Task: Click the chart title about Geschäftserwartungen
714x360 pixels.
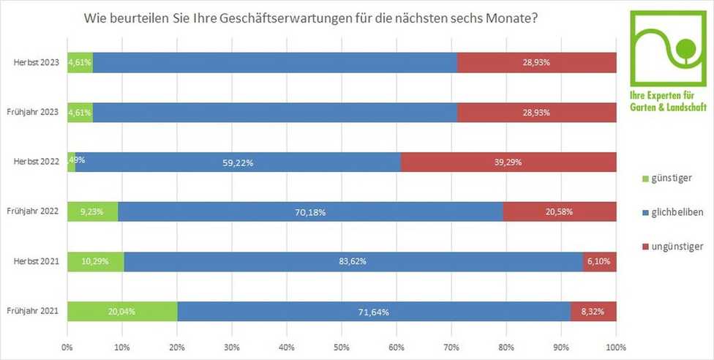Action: coord(312,17)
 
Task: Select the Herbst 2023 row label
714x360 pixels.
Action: coord(37,63)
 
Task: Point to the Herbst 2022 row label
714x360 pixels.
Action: coord(37,162)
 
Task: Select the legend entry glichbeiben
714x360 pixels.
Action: coord(672,212)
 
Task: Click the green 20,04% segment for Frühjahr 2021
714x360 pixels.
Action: coord(122,311)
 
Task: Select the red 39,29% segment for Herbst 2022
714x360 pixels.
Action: coord(508,162)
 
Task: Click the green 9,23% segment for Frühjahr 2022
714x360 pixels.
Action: coord(92,211)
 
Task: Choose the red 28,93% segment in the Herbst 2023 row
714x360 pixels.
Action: coord(537,63)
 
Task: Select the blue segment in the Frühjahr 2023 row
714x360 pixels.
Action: coord(275,113)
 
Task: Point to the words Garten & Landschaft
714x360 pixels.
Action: coord(668,107)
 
